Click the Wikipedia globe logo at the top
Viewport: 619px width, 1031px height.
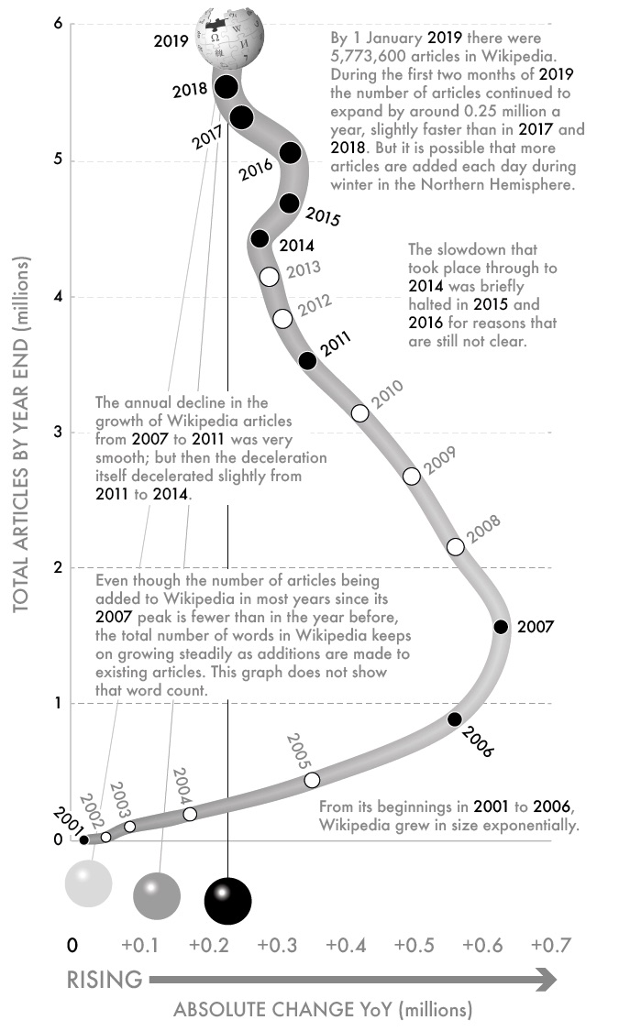pos(234,35)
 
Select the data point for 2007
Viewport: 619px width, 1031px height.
pos(501,627)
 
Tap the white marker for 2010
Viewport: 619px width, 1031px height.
pos(360,413)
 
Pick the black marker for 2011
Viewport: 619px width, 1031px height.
pos(308,361)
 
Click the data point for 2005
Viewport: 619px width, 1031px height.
pos(312,780)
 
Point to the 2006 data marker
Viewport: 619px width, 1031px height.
pos(455,719)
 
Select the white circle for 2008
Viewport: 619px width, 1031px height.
pos(456,547)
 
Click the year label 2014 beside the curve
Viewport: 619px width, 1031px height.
pos(296,246)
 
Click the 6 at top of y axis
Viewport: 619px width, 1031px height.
pos(57,24)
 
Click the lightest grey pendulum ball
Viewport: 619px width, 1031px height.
pos(88,883)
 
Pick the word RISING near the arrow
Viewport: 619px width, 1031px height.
pos(105,980)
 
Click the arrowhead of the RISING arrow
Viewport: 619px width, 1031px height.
pos(547,980)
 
